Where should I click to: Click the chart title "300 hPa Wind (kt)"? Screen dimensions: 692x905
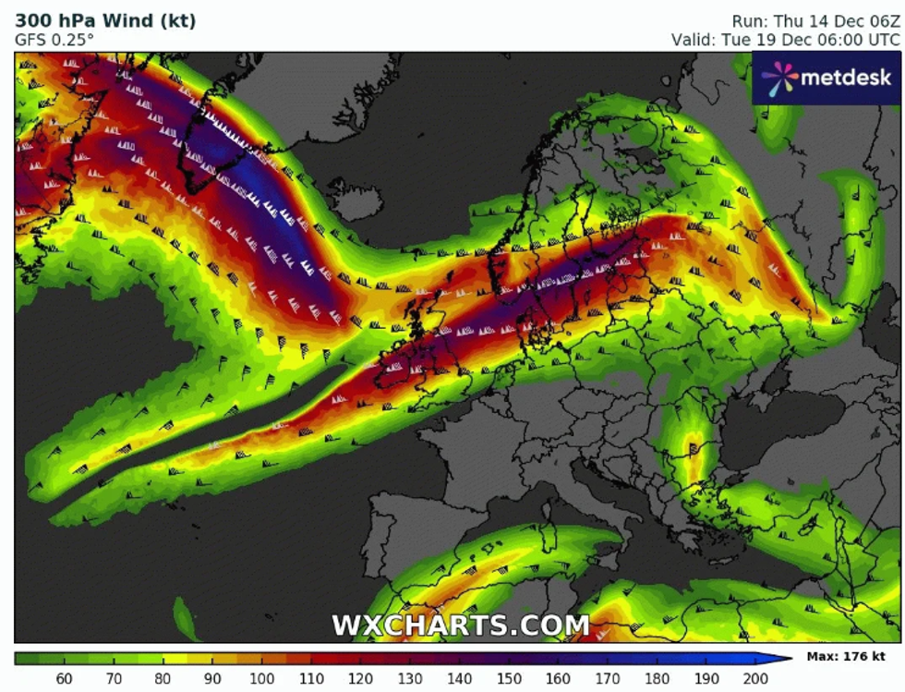coord(105,20)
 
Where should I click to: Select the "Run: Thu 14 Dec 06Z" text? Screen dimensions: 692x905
coord(814,20)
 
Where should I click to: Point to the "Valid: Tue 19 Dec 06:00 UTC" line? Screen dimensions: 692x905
coord(785,40)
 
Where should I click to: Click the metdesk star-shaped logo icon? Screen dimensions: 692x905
coord(778,78)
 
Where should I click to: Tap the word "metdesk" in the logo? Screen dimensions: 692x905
coord(846,78)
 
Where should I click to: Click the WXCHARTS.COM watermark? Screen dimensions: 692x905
coord(460,625)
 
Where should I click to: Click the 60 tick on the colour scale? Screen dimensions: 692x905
coord(64,678)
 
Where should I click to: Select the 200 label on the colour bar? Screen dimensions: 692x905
coord(755,678)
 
